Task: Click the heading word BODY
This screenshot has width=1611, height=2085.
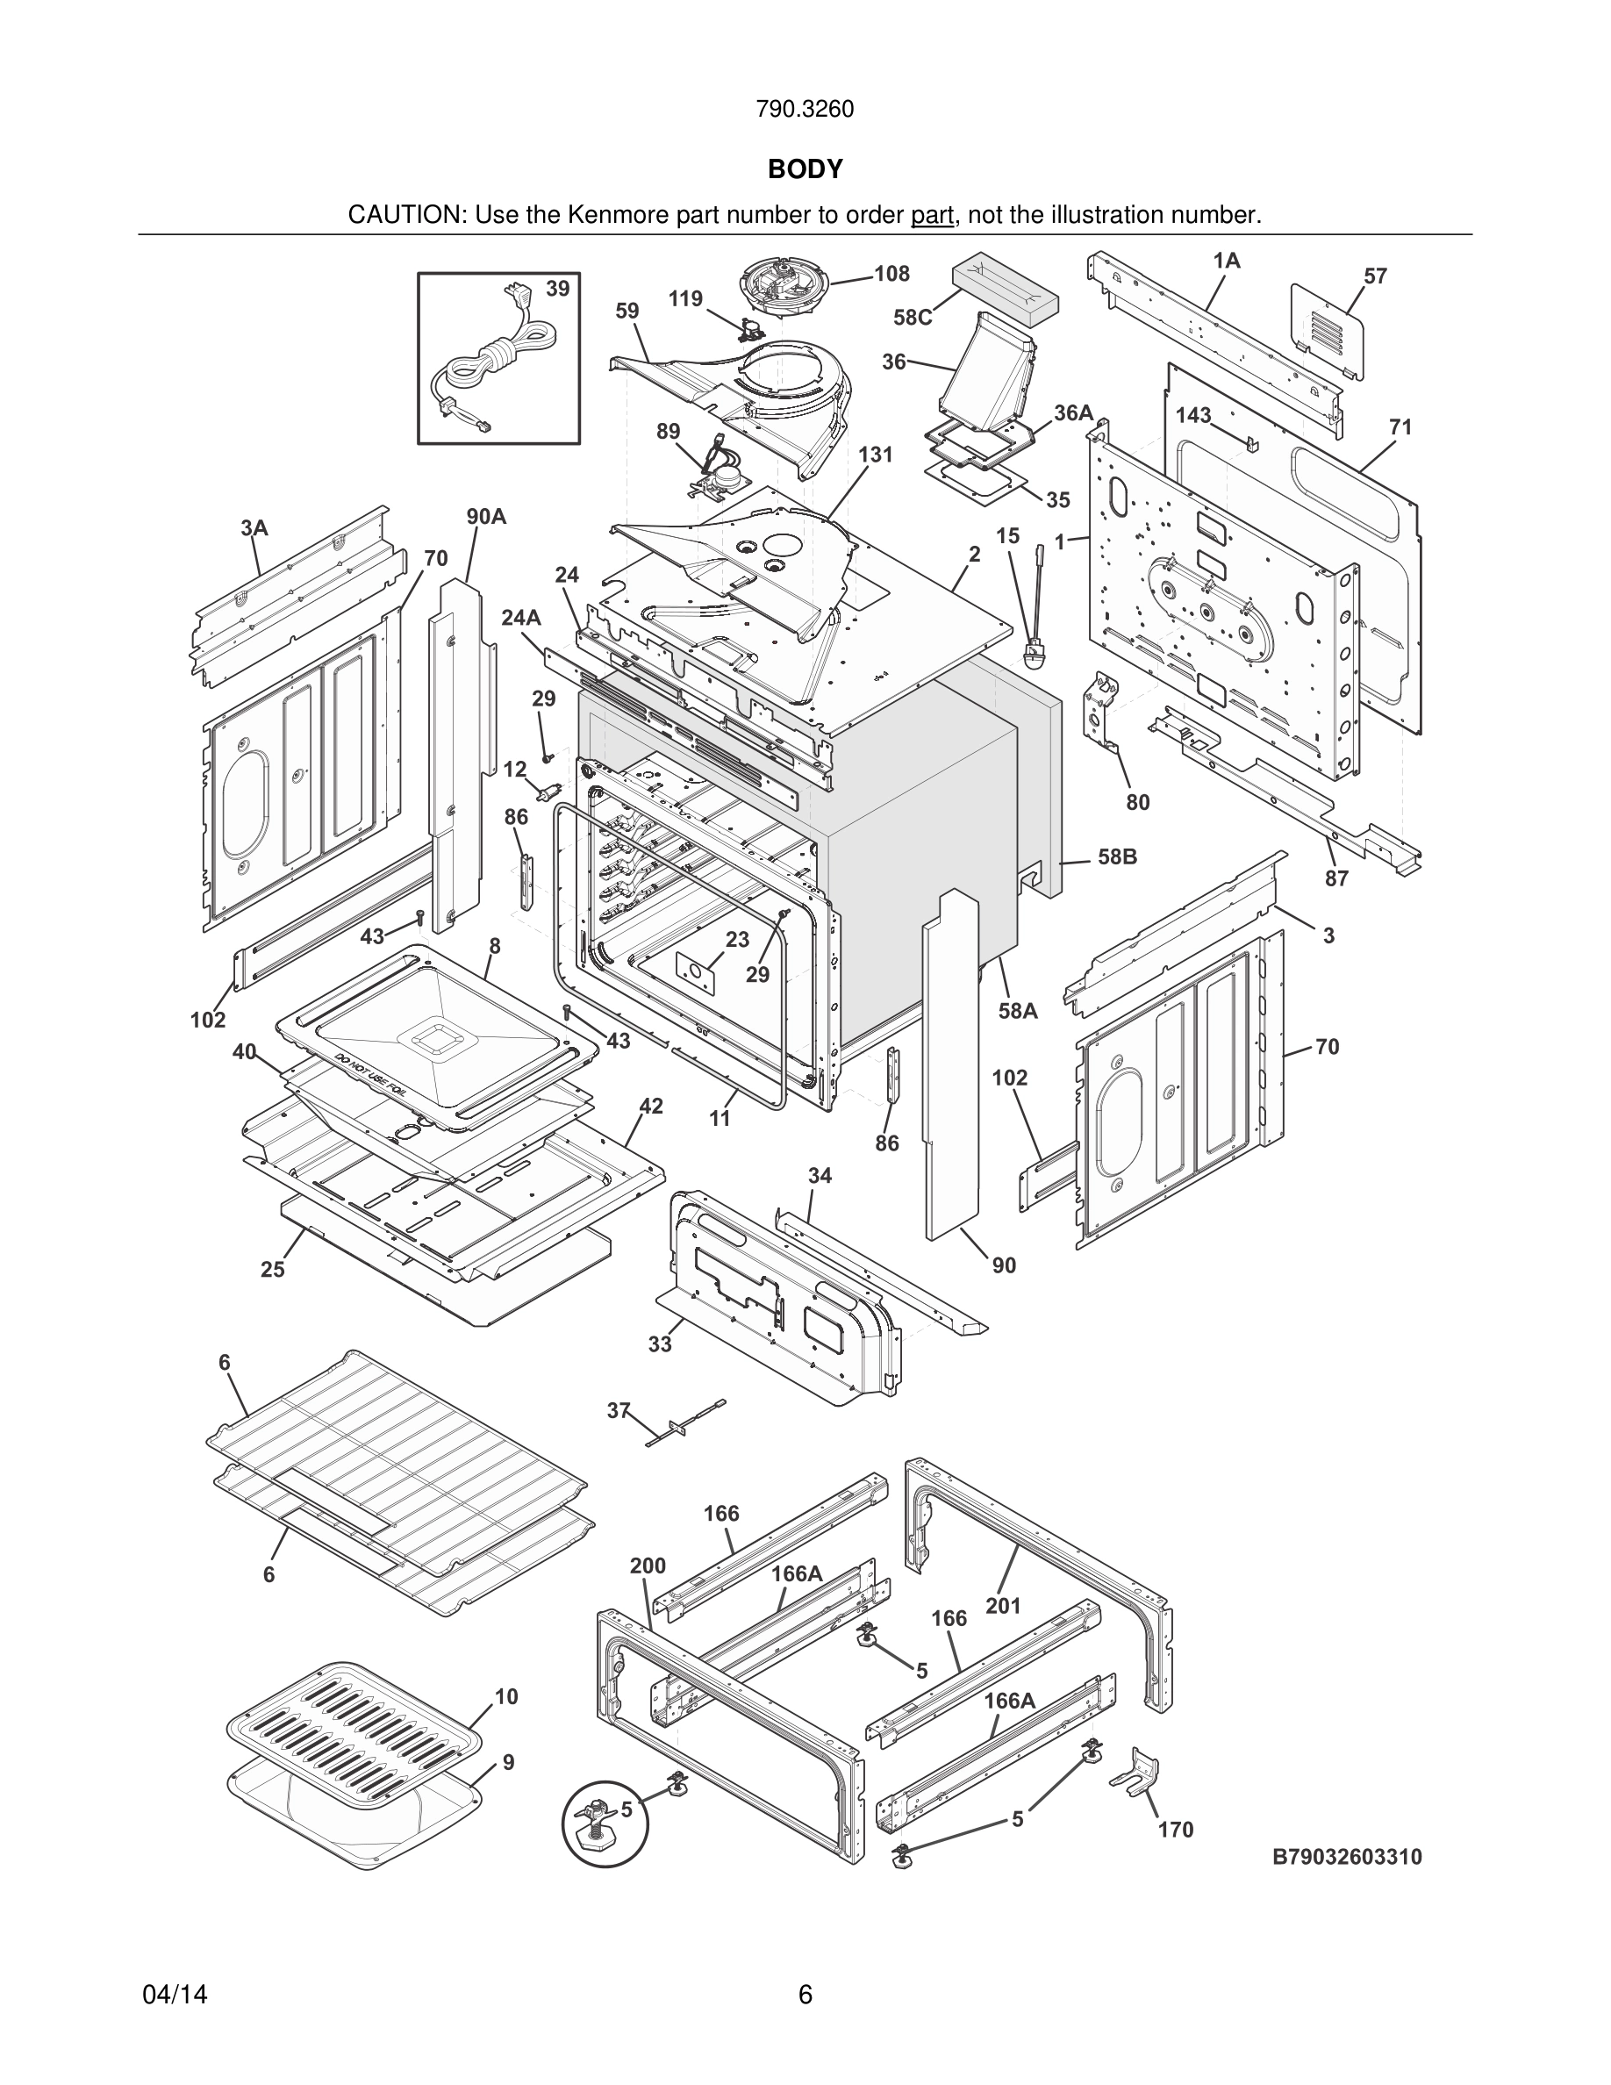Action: point(805,169)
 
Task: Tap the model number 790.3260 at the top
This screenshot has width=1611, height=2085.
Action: point(805,110)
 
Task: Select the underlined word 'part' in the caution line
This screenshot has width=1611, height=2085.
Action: point(932,216)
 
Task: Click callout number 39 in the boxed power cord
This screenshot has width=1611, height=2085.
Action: point(557,289)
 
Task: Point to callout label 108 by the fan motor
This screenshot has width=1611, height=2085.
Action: point(891,274)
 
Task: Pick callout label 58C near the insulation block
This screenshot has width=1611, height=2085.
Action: point(913,318)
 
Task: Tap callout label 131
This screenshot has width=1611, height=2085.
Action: point(875,455)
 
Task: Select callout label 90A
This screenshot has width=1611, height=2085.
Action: point(486,517)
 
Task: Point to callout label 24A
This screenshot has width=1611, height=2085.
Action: point(521,618)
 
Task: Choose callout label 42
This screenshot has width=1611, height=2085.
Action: point(651,1106)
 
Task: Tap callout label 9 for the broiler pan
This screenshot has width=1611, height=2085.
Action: point(509,1762)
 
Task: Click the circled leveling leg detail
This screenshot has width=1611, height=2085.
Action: point(604,1823)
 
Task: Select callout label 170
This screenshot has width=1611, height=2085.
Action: point(1176,1829)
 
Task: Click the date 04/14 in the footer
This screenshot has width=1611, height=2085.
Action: point(175,1995)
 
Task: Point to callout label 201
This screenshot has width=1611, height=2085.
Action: point(1003,1606)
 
